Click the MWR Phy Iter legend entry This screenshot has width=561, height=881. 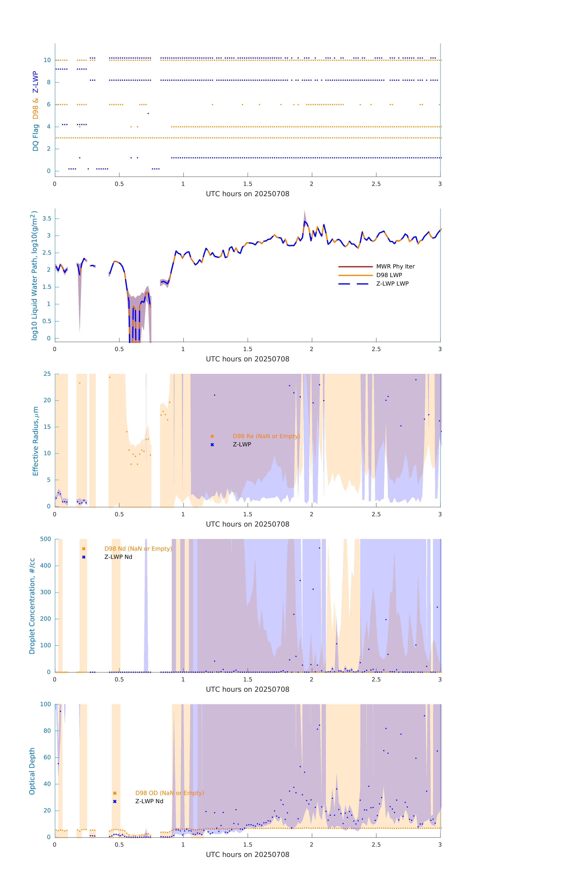395,266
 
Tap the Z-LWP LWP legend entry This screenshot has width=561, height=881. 392,284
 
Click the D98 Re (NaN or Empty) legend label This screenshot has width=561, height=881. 266,436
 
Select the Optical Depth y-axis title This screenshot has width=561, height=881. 32,771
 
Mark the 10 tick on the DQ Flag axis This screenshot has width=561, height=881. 47,60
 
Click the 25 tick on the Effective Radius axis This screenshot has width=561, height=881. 47,374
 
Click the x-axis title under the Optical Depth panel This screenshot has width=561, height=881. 247,854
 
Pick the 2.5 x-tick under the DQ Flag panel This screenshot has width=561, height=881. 376,184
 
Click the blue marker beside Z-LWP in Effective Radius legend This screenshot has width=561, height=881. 212,444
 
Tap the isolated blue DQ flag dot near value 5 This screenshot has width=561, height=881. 148,113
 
